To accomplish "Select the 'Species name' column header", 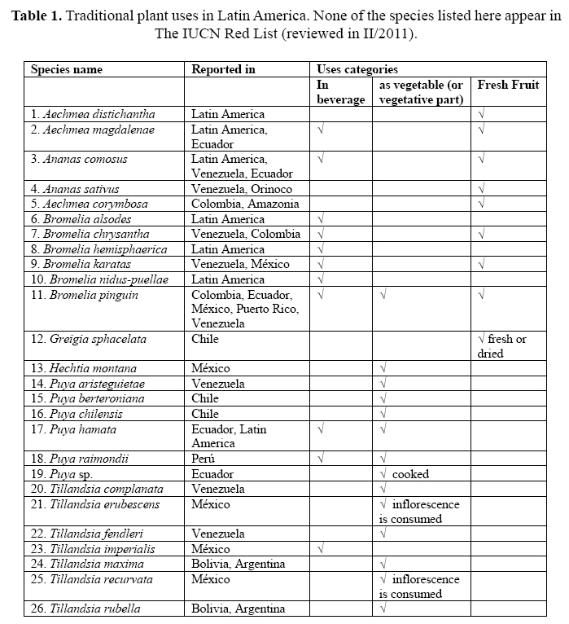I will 67,69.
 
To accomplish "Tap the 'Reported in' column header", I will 222,69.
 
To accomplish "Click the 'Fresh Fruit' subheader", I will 508,85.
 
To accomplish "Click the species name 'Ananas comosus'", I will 85,160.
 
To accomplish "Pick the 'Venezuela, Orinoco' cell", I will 242,189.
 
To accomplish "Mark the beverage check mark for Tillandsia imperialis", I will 321,549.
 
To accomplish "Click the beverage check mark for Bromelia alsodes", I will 321,219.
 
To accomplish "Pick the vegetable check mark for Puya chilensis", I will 383,414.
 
